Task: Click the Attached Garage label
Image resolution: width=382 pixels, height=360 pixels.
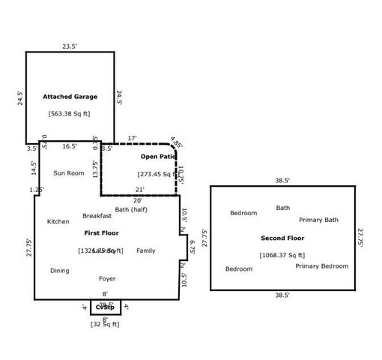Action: [x=70, y=97]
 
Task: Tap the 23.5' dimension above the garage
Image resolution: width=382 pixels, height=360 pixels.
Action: [x=70, y=46]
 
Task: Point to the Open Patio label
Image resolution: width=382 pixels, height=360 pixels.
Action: [x=157, y=157]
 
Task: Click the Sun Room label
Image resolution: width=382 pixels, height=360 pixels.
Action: [x=68, y=172]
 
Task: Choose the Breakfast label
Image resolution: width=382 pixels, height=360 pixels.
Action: [x=97, y=215]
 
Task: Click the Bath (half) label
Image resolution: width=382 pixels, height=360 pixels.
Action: [x=131, y=209]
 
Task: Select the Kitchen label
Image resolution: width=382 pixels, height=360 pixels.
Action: [x=58, y=221]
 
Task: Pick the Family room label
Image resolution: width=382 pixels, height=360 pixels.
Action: [x=146, y=250]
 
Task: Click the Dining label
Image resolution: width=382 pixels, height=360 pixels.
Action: [x=60, y=270]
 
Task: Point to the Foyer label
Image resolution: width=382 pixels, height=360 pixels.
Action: [x=107, y=278]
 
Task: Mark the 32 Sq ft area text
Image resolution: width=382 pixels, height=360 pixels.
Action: [x=105, y=324]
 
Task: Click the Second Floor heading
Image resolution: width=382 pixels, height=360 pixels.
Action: [x=282, y=238]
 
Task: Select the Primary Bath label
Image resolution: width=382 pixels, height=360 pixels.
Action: [x=319, y=220]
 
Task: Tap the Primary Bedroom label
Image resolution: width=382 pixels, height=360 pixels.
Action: [x=321, y=265]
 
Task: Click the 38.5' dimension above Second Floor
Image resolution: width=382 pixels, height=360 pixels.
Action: [x=282, y=181]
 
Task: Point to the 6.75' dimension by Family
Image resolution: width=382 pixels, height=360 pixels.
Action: [x=192, y=247]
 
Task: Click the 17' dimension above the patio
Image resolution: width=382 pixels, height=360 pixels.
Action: [x=132, y=138]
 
